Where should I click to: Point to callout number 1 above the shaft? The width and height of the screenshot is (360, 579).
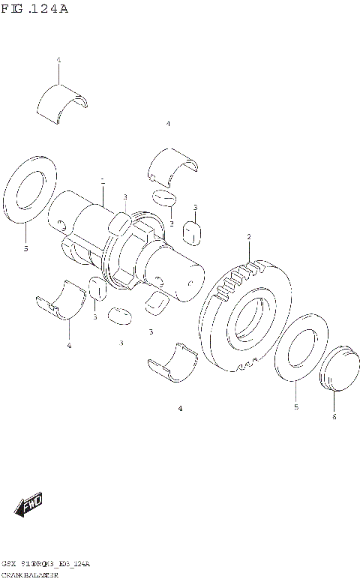(102, 181)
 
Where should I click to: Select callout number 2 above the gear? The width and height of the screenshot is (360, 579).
(248, 237)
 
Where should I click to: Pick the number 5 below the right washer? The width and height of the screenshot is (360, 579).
(295, 406)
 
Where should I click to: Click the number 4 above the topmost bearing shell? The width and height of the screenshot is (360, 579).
(58, 59)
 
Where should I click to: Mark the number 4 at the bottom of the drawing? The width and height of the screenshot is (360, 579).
(180, 408)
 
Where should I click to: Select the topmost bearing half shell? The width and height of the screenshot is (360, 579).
(63, 100)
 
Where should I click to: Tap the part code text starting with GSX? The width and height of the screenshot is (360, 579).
(45, 562)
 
